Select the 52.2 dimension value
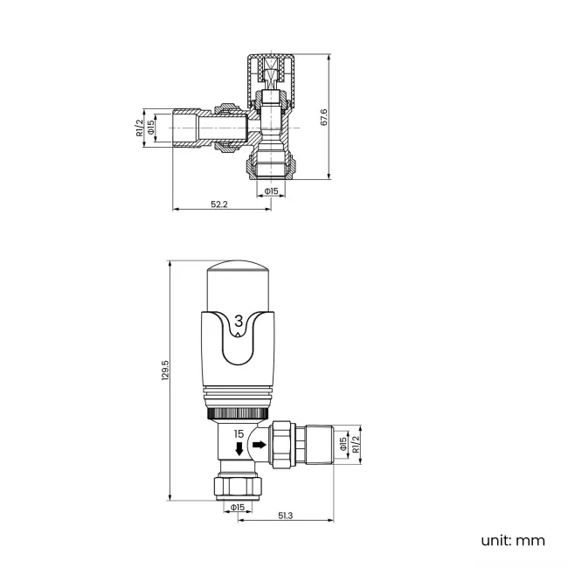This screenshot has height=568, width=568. pos(219,204)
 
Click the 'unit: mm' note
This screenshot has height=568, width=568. pos(512,540)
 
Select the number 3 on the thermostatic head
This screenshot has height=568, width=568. pos(240,322)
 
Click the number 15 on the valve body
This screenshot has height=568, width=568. pos(239,433)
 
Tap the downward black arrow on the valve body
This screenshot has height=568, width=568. pos(239,449)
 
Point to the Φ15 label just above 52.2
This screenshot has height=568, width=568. pos(271,190)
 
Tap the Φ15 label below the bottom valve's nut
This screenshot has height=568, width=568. pos(236,507)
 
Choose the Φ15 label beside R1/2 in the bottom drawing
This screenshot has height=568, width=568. pos(343,446)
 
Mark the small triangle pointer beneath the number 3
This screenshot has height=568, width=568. pos(240,335)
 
